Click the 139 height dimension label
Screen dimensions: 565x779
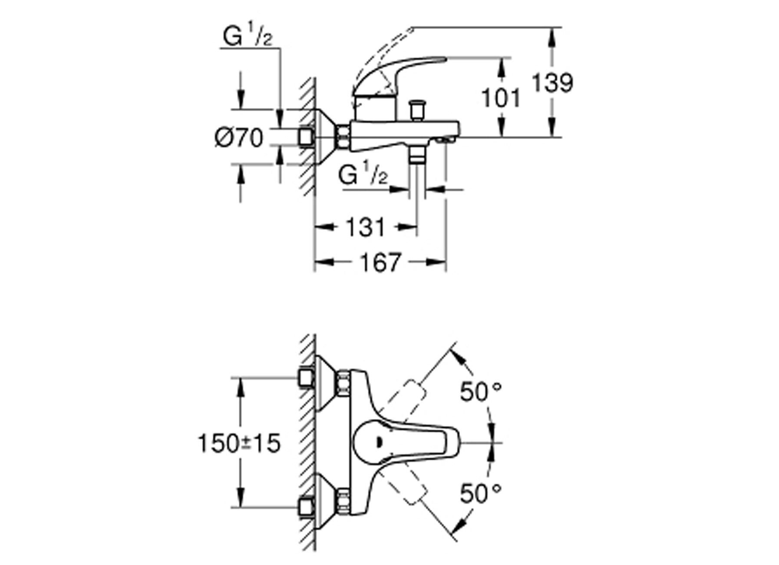[x=552, y=83]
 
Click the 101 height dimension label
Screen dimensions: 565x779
[x=501, y=98]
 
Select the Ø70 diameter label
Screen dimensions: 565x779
[x=239, y=138]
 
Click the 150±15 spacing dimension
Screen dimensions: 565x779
[x=239, y=443]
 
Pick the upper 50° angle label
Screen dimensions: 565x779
[x=480, y=392]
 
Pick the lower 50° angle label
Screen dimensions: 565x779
[x=480, y=493]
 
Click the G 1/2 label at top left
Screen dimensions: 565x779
[x=248, y=36]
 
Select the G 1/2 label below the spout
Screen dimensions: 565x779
[x=363, y=175]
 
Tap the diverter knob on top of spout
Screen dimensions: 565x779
[x=417, y=110]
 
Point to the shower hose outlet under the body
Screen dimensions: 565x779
[x=417, y=155]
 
